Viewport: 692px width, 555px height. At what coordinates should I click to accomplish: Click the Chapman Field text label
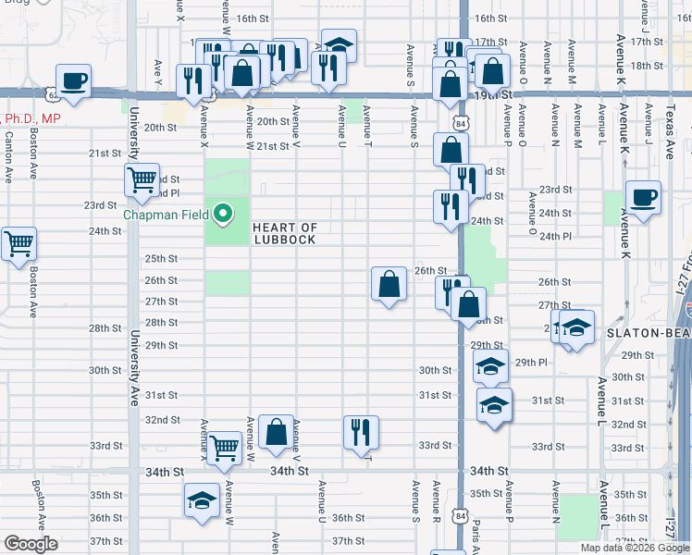pos(166,216)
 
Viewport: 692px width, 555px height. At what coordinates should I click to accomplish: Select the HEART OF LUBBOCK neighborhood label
pos(284,234)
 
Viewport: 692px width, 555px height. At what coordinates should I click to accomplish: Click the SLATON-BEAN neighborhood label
pos(649,332)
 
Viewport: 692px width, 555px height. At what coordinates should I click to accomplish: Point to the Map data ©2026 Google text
pos(635,548)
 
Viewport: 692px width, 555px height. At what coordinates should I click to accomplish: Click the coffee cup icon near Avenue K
pos(643,197)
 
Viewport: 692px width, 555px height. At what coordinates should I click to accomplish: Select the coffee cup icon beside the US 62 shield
pos(73,80)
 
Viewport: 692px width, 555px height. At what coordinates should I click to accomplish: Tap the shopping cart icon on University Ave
pos(142,179)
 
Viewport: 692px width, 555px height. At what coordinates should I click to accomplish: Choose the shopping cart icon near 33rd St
pos(225,448)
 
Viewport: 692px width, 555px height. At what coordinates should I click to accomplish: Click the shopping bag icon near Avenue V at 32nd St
pos(277,431)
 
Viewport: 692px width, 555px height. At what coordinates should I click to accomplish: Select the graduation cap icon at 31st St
pos(494,405)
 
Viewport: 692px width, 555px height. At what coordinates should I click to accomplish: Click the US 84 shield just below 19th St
pos(462,121)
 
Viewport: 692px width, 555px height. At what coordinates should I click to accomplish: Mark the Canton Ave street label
pos(9,154)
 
